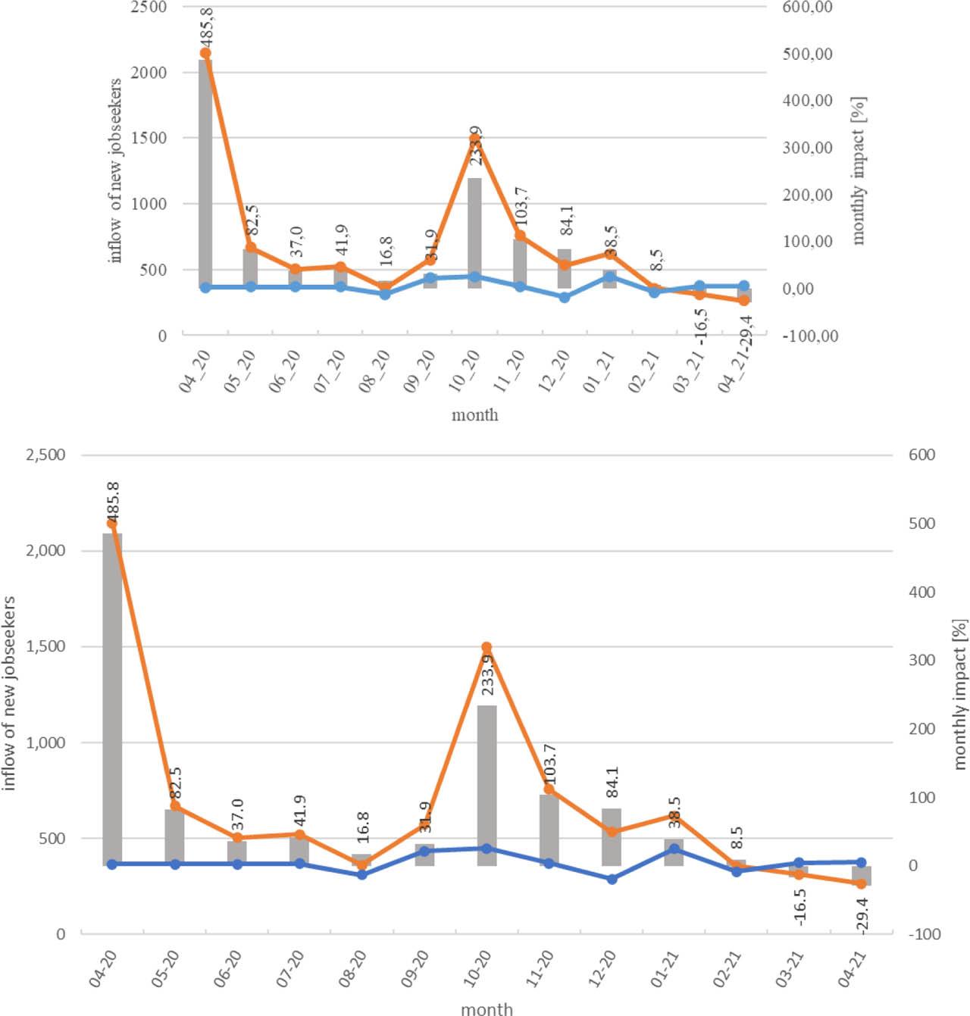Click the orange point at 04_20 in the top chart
(205, 53)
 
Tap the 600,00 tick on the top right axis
(808, 8)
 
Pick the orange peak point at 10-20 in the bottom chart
(487, 648)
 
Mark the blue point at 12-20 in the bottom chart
(612, 879)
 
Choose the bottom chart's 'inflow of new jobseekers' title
(9, 693)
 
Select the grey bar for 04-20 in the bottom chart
(112, 697)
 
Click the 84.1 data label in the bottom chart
(612, 782)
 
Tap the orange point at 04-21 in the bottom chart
(861, 883)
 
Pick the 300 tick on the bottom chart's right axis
(921, 660)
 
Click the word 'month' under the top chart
(474, 414)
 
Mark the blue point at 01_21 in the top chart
(610, 277)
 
